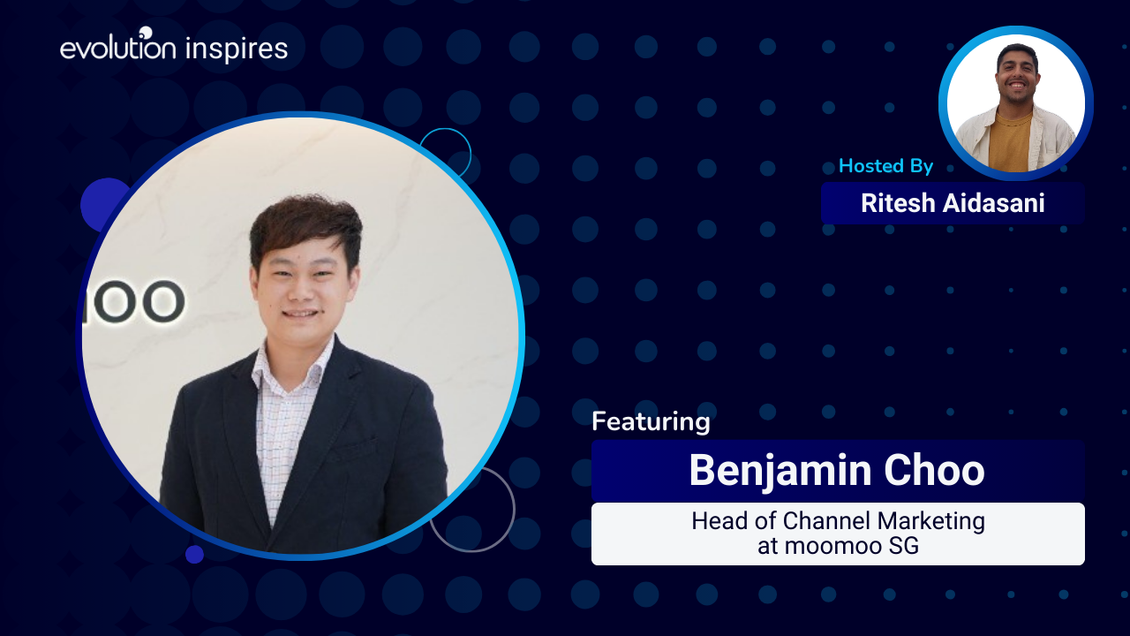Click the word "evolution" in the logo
[x=118, y=48]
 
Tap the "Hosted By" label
[x=885, y=165]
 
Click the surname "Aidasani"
[x=994, y=203]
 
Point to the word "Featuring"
[x=651, y=422]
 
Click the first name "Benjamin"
[x=780, y=472]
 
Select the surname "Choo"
[x=934, y=471]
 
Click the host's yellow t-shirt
[x=1010, y=142]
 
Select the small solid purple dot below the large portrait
[x=194, y=554]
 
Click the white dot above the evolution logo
[x=146, y=33]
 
